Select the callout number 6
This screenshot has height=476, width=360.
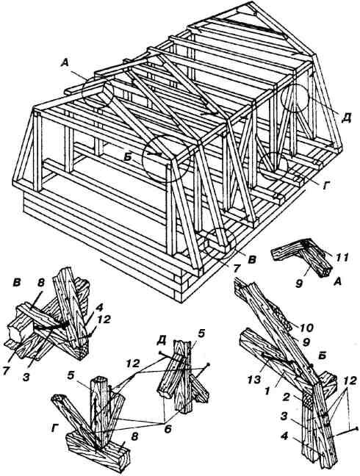point(168,429)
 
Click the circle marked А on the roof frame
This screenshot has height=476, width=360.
point(98,91)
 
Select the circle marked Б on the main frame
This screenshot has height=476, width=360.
point(166,158)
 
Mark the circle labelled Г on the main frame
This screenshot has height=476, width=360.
point(273,166)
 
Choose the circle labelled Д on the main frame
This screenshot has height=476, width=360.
point(295,98)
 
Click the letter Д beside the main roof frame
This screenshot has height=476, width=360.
point(346,118)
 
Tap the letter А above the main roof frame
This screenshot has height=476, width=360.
point(65,63)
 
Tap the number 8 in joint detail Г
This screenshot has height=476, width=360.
point(134,436)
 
